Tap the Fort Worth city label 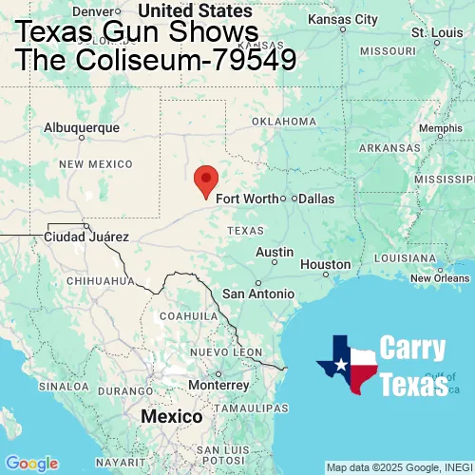click(x=247, y=199)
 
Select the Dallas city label click(x=316, y=199)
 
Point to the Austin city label click(x=275, y=252)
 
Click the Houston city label click(x=325, y=264)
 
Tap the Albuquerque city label click(x=82, y=127)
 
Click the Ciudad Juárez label click(x=85, y=236)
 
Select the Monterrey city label click(x=219, y=386)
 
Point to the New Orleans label click(x=440, y=278)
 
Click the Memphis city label click(x=440, y=129)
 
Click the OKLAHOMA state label click(x=284, y=122)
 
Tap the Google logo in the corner click(x=31, y=464)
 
